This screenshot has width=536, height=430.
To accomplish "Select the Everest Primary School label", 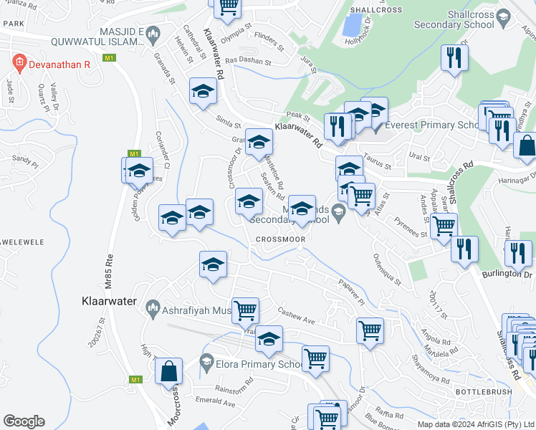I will (x=431, y=125).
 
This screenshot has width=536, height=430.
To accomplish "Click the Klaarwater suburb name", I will (x=104, y=302).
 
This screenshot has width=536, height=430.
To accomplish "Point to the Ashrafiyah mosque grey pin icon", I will (x=152, y=309).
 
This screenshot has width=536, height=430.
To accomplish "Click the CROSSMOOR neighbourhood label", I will (x=279, y=239).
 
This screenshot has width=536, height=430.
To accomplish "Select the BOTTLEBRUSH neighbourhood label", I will (x=483, y=392).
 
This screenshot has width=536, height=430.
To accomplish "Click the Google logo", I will (x=24, y=421).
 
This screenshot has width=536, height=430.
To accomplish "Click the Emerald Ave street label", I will (x=215, y=404).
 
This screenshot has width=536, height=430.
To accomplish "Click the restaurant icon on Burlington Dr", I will (x=518, y=253).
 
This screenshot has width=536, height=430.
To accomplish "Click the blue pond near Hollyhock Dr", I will (x=352, y=25).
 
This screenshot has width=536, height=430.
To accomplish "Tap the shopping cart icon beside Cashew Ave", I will (x=245, y=311).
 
